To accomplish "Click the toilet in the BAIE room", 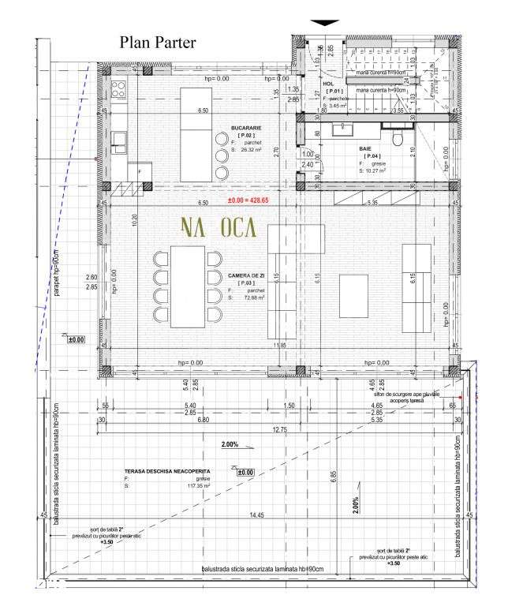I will [401, 139].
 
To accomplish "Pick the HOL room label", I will [329, 81].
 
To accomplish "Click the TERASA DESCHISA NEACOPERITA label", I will [162, 469].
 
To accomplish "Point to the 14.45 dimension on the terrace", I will [256, 515].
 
